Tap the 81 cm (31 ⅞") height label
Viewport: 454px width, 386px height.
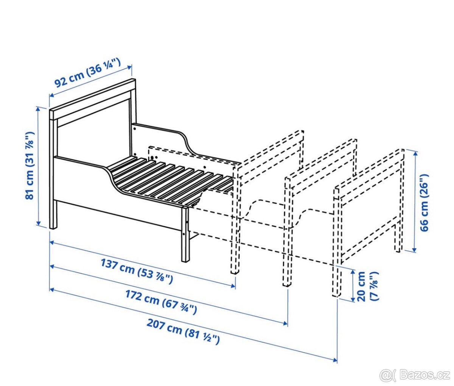[30, 166]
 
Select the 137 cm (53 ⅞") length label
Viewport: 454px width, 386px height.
[137, 271]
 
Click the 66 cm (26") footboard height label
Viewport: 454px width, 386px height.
[424, 200]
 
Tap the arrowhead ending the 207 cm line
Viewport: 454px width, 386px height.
[335, 361]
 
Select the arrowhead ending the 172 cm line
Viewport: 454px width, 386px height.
[285, 323]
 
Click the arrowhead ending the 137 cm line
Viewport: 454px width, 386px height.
[233, 286]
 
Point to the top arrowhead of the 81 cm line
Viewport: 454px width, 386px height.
[39, 109]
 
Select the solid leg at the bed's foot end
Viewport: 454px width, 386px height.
[185, 234]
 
